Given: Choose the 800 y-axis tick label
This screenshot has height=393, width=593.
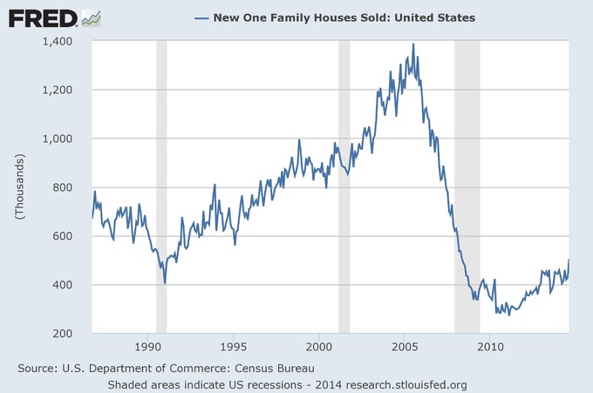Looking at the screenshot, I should [x=72, y=187].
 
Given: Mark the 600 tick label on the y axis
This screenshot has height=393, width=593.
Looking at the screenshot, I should [x=72, y=236].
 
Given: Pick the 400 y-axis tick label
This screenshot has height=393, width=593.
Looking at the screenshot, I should [x=72, y=285].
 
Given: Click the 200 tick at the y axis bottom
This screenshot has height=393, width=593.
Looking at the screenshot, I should [x=72, y=334].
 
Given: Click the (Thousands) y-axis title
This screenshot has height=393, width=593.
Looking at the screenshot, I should [x=18, y=187].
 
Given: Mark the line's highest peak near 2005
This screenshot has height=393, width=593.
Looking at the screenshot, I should [x=412, y=44].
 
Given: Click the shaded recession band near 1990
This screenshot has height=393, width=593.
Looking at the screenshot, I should [x=161, y=187].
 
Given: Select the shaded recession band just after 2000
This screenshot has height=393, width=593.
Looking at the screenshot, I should [x=344, y=187].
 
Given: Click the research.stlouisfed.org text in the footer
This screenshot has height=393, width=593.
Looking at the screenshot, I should [x=406, y=383].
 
